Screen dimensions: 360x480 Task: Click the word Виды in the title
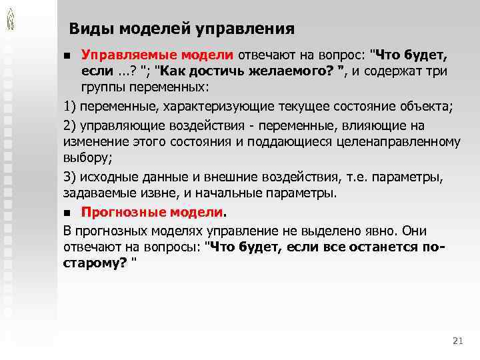[x=89, y=29]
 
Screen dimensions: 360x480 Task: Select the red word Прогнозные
[x=117, y=213]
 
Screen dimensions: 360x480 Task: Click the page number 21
[x=457, y=341]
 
